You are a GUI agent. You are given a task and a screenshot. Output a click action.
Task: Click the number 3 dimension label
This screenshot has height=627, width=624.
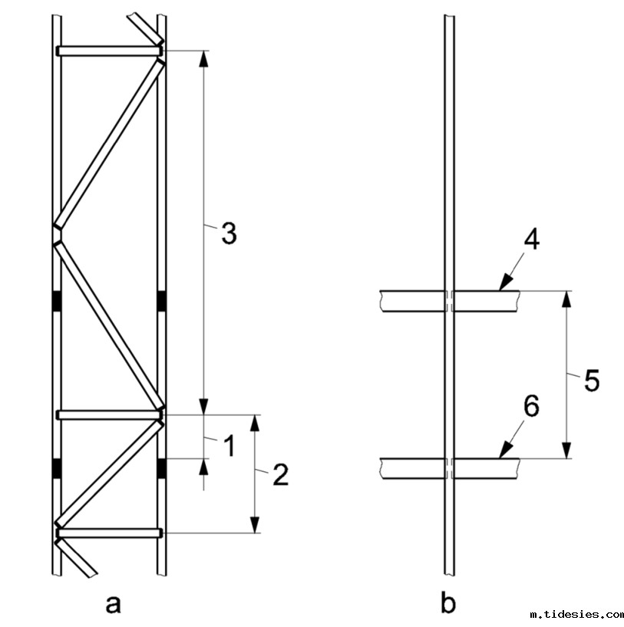tap(228, 233)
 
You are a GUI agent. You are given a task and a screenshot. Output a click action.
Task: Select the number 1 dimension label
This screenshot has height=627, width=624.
tap(228, 444)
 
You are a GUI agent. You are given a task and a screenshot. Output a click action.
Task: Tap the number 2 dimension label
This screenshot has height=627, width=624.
tap(280, 476)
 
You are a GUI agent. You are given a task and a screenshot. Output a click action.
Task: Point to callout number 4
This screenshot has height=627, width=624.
tap(531, 239)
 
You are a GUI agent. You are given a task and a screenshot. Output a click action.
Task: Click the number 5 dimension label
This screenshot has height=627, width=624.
tap(591, 381)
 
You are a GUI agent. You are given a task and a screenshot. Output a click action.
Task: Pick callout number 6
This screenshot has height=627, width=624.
tap(531, 407)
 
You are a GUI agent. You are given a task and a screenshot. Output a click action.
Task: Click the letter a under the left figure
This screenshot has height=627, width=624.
tap(114, 604)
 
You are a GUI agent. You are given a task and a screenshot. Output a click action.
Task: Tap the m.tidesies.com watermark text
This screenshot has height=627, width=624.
tap(576, 615)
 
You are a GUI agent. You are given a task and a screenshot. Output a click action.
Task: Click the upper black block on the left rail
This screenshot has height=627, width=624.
tap(57, 302)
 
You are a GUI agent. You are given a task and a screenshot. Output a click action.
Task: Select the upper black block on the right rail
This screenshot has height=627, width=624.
tap(161, 302)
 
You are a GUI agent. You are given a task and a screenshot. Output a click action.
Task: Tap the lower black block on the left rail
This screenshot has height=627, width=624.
tap(57, 467)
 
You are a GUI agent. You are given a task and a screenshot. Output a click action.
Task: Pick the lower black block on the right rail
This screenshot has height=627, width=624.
tap(161, 467)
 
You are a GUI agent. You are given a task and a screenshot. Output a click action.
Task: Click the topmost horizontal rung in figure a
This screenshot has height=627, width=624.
tap(107, 51)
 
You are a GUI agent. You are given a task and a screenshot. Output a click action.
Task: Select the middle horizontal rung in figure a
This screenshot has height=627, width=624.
tap(107, 415)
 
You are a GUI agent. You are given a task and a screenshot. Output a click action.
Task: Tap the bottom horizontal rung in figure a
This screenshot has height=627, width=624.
tap(107, 533)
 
